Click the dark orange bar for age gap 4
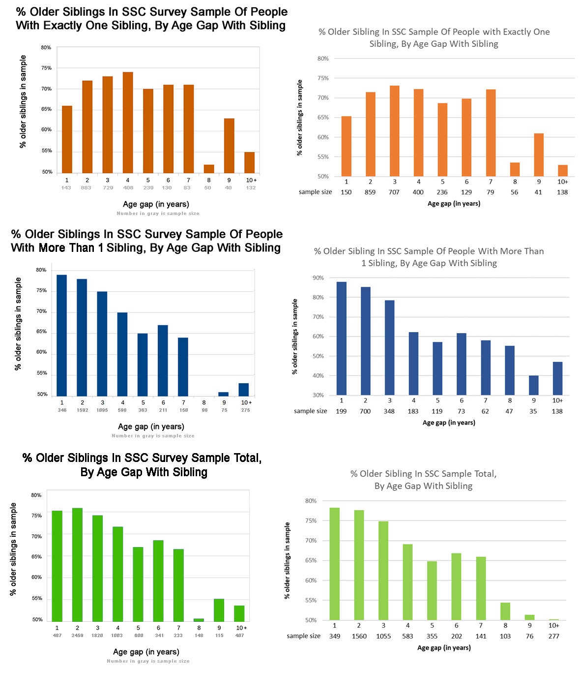(x=128, y=123)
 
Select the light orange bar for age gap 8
(x=515, y=170)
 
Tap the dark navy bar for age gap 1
(x=62, y=336)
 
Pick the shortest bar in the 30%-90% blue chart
(x=533, y=385)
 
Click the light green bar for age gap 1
(x=335, y=564)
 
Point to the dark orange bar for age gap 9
(x=229, y=146)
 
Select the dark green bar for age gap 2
(x=77, y=565)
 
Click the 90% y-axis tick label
(x=318, y=278)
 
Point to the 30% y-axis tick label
(x=318, y=395)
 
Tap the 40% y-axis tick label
(x=318, y=376)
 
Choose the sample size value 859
(x=370, y=192)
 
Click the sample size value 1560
(x=359, y=636)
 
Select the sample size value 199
(x=341, y=411)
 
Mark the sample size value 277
(x=554, y=636)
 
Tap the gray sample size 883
(x=86, y=188)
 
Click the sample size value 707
(x=394, y=192)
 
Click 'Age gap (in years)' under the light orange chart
(x=454, y=204)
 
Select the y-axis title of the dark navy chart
(x=18, y=324)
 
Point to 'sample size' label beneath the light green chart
(x=303, y=636)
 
